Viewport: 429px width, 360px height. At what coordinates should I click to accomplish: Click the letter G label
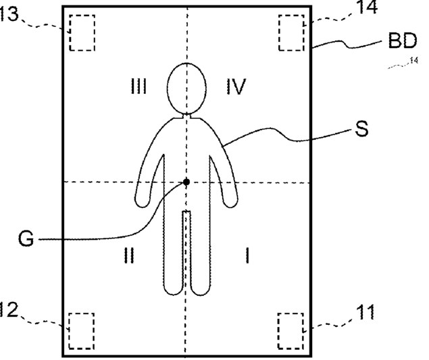pos(26,238)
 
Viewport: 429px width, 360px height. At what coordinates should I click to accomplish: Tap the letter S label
pos(362,129)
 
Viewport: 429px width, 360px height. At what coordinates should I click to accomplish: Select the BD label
pos(403,43)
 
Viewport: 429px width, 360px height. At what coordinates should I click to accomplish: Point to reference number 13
pos(9,14)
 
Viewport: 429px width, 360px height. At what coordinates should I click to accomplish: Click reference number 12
pos(9,310)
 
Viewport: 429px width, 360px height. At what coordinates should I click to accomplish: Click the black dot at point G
pos(186,182)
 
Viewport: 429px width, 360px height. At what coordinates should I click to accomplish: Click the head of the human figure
pos(187,88)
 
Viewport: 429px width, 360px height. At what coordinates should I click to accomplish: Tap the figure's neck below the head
pos(187,115)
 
